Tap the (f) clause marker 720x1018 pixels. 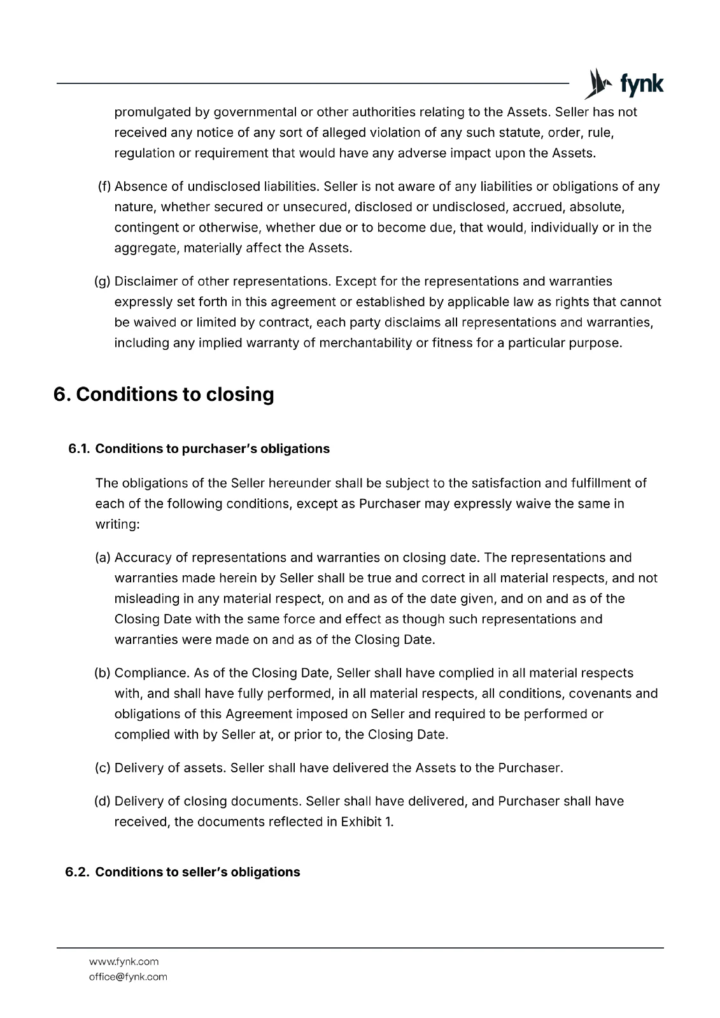click(104, 186)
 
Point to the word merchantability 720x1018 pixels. click(365, 343)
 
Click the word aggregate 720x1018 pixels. click(146, 248)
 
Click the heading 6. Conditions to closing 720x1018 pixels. click(164, 394)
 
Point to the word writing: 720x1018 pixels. click(117, 524)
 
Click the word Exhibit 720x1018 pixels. click(361, 821)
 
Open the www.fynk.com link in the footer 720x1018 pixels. click(124, 961)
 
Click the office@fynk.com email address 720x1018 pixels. click(128, 977)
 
